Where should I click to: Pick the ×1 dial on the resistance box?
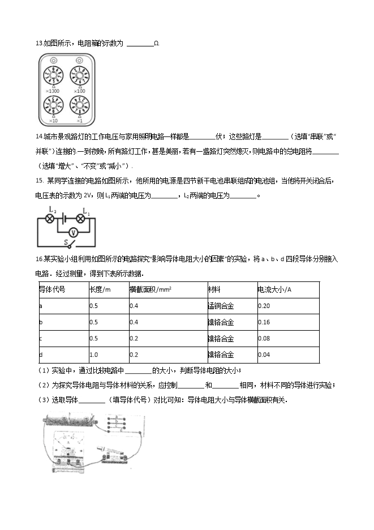click(79, 107)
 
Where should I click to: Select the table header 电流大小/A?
click(274, 290)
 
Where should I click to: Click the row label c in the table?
click(40, 339)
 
